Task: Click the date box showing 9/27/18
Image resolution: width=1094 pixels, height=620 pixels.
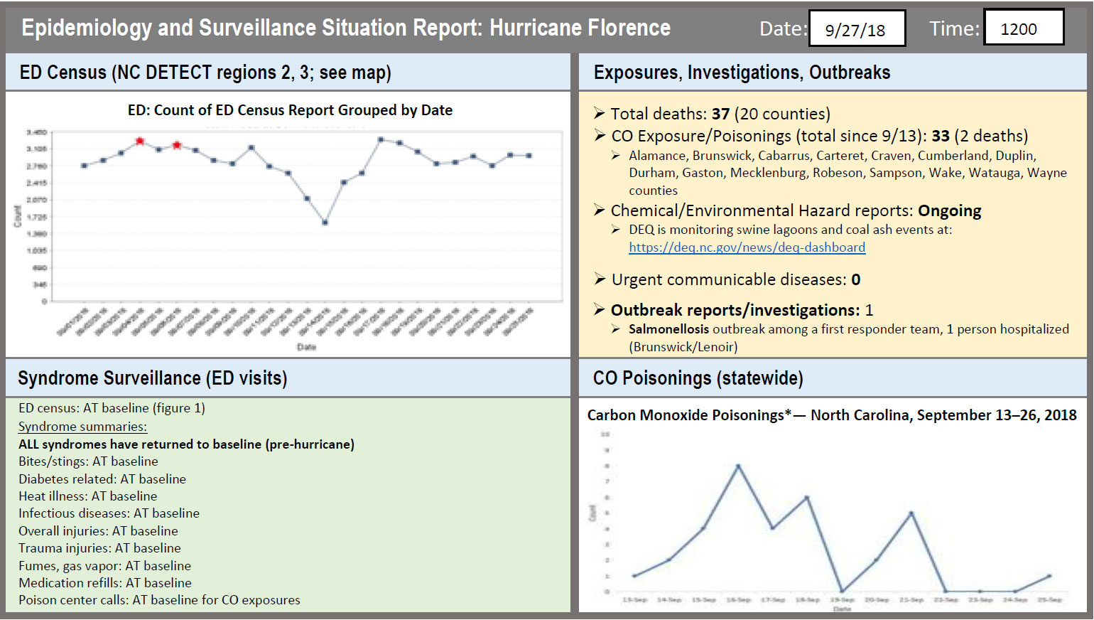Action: pos(857,29)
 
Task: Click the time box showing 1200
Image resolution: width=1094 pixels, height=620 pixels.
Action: pos(1023,28)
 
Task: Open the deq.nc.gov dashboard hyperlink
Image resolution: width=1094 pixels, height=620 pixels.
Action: pos(747,247)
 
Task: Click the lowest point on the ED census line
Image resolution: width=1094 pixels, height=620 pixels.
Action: pos(325,223)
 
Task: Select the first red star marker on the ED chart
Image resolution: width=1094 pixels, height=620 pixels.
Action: pos(140,141)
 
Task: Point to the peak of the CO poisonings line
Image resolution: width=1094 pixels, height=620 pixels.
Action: pos(738,466)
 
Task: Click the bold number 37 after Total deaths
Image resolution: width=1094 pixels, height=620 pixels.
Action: pos(720,114)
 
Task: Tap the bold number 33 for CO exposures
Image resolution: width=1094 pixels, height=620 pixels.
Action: pos(941,136)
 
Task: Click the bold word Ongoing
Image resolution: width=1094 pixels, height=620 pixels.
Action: pos(949,211)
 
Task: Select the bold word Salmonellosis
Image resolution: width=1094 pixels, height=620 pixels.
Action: pos(668,329)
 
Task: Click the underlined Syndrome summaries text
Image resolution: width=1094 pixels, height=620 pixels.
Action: pos(82,427)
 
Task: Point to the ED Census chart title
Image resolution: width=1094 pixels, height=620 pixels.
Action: pos(290,110)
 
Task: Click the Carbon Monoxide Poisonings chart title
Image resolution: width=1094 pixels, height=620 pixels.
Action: pos(831,415)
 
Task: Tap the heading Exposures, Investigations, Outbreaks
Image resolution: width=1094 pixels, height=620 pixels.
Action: pos(742,73)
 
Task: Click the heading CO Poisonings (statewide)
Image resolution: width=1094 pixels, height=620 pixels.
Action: pos(698,378)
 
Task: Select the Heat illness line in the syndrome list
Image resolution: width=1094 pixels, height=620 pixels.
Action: pos(88,496)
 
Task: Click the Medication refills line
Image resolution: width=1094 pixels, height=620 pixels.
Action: pos(105,583)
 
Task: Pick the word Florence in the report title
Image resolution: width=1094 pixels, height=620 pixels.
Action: pos(626,28)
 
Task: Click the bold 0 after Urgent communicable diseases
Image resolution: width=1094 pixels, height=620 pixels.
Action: pos(856,280)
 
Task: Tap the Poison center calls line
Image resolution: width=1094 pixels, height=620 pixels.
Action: pos(159,600)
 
